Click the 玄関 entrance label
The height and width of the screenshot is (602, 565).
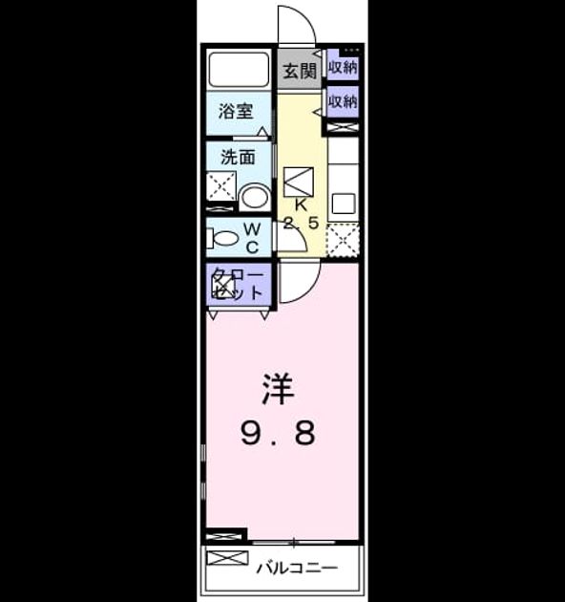click(300, 71)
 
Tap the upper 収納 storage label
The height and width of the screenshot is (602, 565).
click(343, 67)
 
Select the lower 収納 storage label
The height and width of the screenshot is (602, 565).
click(343, 101)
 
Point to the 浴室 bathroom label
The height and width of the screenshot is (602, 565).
click(236, 112)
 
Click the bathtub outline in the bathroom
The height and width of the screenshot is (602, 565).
click(239, 70)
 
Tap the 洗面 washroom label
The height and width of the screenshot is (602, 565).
click(238, 157)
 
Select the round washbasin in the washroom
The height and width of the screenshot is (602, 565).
click(254, 197)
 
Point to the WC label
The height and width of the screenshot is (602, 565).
click(252, 239)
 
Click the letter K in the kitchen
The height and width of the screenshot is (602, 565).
click(301, 205)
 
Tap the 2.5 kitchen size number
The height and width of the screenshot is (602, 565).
click(301, 223)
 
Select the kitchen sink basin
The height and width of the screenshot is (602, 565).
click(344, 204)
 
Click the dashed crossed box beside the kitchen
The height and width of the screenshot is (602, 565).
click(343, 241)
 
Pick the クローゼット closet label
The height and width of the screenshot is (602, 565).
click(238, 284)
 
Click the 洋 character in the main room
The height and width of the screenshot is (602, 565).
click(278, 389)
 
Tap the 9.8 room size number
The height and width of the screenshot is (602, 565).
click(278, 433)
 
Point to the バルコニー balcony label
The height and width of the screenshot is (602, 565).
click(297, 568)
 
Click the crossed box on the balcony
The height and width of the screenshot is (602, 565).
click(227, 558)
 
